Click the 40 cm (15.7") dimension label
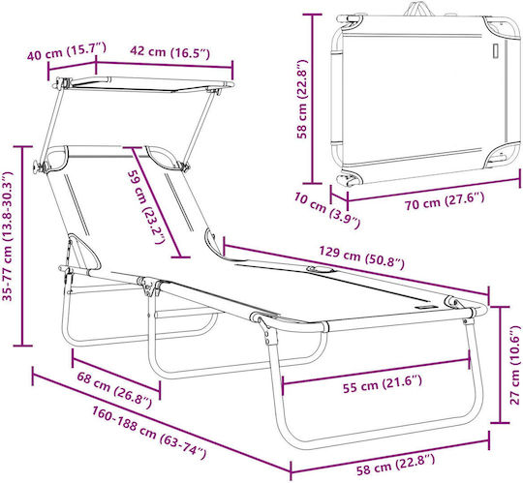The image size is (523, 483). (x=67, y=51)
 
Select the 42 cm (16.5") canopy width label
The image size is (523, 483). (x=169, y=52)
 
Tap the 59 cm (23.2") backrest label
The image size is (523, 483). (x=146, y=207)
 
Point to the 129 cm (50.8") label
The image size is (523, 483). (x=361, y=257)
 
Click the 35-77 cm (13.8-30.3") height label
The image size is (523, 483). (x=8, y=236)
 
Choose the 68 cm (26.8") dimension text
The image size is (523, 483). (x=114, y=390)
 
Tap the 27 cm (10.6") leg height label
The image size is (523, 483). (x=514, y=365)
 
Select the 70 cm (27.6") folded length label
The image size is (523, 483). (x=445, y=201)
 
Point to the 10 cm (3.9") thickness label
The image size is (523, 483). (x=327, y=211)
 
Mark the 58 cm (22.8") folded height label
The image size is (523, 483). (x=303, y=99)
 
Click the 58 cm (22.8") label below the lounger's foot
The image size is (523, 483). (x=395, y=465)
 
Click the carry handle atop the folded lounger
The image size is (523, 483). (x=419, y=10)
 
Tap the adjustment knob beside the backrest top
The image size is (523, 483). (x=37, y=166)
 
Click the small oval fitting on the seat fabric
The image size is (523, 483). (x=320, y=269)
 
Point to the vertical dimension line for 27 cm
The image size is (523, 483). (x=500, y=365)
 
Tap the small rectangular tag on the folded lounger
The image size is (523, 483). (x=496, y=51)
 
